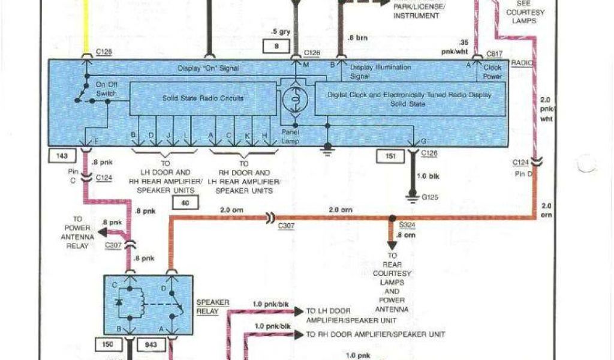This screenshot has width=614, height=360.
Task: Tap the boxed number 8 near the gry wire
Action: [276, 46]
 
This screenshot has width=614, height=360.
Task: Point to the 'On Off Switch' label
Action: [107, 88]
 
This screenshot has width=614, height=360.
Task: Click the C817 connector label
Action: [495, 53]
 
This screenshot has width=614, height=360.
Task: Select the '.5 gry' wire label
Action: [281, 31]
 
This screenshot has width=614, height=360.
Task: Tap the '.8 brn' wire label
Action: [357, 38]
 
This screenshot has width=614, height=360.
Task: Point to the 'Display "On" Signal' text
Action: [208, 68]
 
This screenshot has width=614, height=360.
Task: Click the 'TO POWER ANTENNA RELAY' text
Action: [77, 232]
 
